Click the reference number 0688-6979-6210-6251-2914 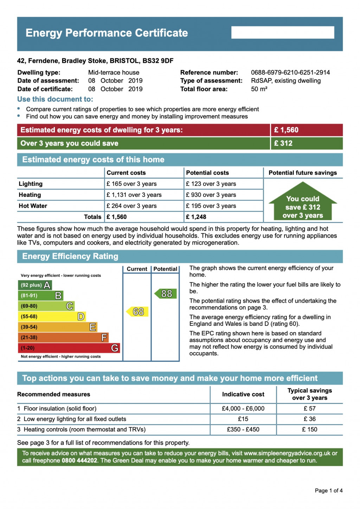(x=290, y=72)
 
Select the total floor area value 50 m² (x=259, y=89)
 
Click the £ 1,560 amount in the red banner (x=286, y=130)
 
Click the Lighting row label (x=31, y=184)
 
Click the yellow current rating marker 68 (x=137, y=311)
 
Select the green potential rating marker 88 (x=166, y=294)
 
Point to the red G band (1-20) (x=69, y=348)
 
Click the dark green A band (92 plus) (x=35, y=285)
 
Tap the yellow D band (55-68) (x=52, y=316)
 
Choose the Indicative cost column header (x=243, y=394)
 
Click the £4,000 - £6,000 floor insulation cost (x=243, y=408)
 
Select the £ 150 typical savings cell (x=310, y=429)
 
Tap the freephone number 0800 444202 (x=79, y=460)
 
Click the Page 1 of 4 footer (x=328, y=490)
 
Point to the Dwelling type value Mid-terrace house (x=114, y=72)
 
